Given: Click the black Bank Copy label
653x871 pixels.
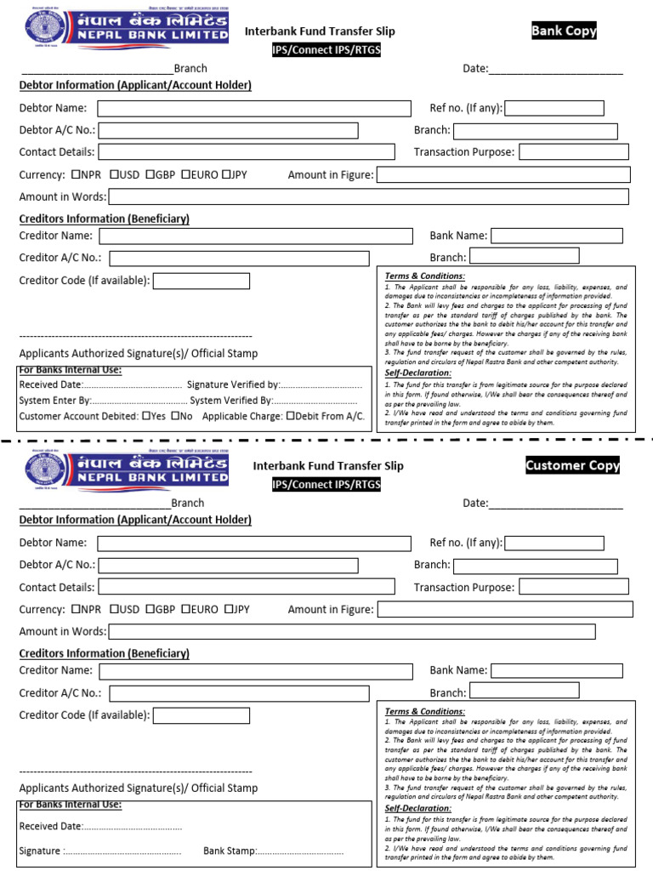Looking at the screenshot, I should pos(564,31).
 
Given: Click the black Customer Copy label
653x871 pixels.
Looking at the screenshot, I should pos(572,465).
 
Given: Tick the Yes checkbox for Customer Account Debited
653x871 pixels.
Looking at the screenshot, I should pos(146,416).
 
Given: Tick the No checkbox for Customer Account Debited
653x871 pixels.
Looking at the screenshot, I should pos(175,416).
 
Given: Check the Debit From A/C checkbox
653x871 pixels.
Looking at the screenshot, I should pos(291,416).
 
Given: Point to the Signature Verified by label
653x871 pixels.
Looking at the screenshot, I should pos(232,384).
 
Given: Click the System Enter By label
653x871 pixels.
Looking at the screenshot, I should pos(54,400).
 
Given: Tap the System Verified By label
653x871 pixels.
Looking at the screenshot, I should pos(230,400).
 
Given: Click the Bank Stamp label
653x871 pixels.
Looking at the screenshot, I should pos(229,851).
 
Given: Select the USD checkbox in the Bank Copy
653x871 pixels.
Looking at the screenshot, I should pos(113,174).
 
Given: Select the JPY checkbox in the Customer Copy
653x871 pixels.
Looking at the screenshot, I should pos(229,609).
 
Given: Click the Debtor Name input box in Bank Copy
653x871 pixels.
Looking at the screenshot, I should pos(253,108).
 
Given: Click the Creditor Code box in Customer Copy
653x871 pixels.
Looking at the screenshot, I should pos(201,715).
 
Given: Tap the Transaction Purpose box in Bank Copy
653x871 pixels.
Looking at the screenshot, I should pos(573,152).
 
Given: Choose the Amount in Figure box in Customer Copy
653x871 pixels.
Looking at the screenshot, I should pos(504,609).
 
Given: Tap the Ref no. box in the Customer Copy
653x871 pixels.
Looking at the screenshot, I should pos(554,543).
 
